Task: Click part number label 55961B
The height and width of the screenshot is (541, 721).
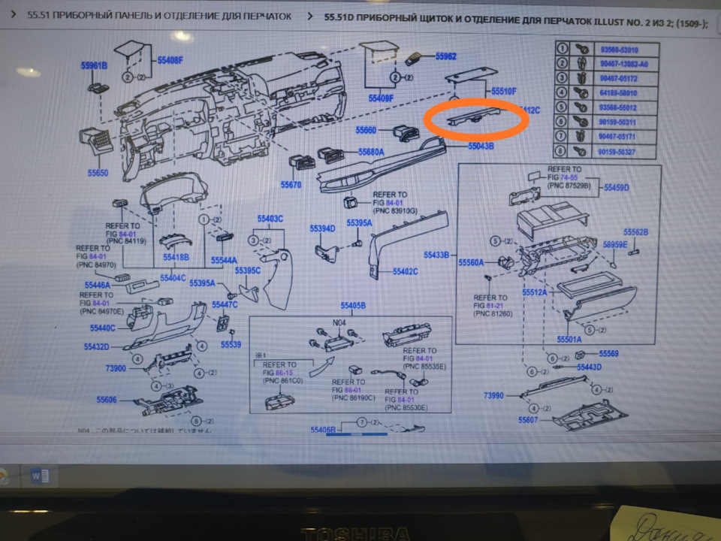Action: click(95, 65)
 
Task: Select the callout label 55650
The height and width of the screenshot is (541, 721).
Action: click(98, 172)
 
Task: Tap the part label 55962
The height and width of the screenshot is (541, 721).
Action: click(446, 56)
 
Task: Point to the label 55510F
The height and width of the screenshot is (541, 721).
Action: click(504, 91)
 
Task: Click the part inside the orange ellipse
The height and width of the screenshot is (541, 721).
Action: click(475, 118)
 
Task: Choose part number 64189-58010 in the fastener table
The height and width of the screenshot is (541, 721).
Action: click(619, 93)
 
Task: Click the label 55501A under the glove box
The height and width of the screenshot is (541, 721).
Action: click(569, 339)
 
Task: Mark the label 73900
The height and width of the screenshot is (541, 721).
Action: click(116, 369)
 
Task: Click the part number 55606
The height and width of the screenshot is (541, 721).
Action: click(107, 400)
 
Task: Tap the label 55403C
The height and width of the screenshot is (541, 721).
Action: click(270, 219)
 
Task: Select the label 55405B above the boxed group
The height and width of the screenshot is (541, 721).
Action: click(353, 306)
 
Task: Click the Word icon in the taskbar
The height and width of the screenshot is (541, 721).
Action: click(39, 475)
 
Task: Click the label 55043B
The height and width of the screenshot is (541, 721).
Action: click(481, 146)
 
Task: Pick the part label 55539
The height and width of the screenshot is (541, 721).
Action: click(231, 344)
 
